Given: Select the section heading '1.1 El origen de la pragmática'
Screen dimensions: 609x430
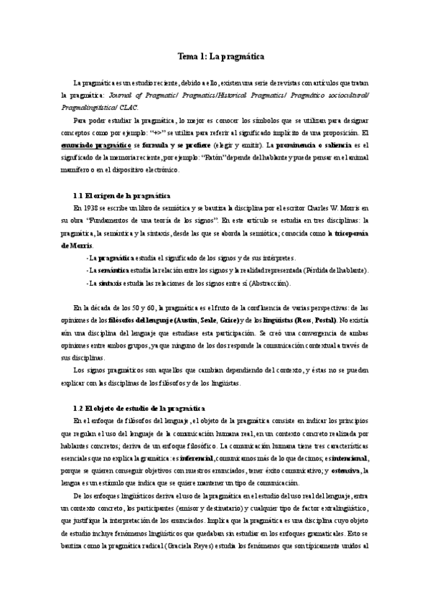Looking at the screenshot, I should tap(122, 195).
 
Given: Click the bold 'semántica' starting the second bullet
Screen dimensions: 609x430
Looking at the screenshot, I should tap(110, 270).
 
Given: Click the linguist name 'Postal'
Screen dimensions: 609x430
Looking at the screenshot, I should tap(344, 319).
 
